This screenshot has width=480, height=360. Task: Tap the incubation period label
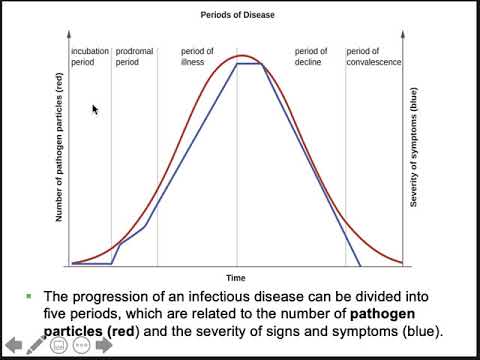click(89, 56)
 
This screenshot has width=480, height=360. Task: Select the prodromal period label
click(133, 56)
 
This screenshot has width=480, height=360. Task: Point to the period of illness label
click(197, 56)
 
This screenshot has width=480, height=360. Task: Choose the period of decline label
click(310, 56)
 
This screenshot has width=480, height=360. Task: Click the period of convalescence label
click(372, 56)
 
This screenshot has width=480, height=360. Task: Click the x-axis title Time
click(235, 277)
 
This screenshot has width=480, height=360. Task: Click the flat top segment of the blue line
click(249, 65)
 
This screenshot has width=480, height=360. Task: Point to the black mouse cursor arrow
click(95, 109)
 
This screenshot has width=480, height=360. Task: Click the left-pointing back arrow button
click(14, 346)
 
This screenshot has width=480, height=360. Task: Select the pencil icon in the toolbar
click(36, 346)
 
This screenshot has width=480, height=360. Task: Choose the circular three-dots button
click(83, 346)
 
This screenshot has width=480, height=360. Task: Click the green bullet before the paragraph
click(29, 297)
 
